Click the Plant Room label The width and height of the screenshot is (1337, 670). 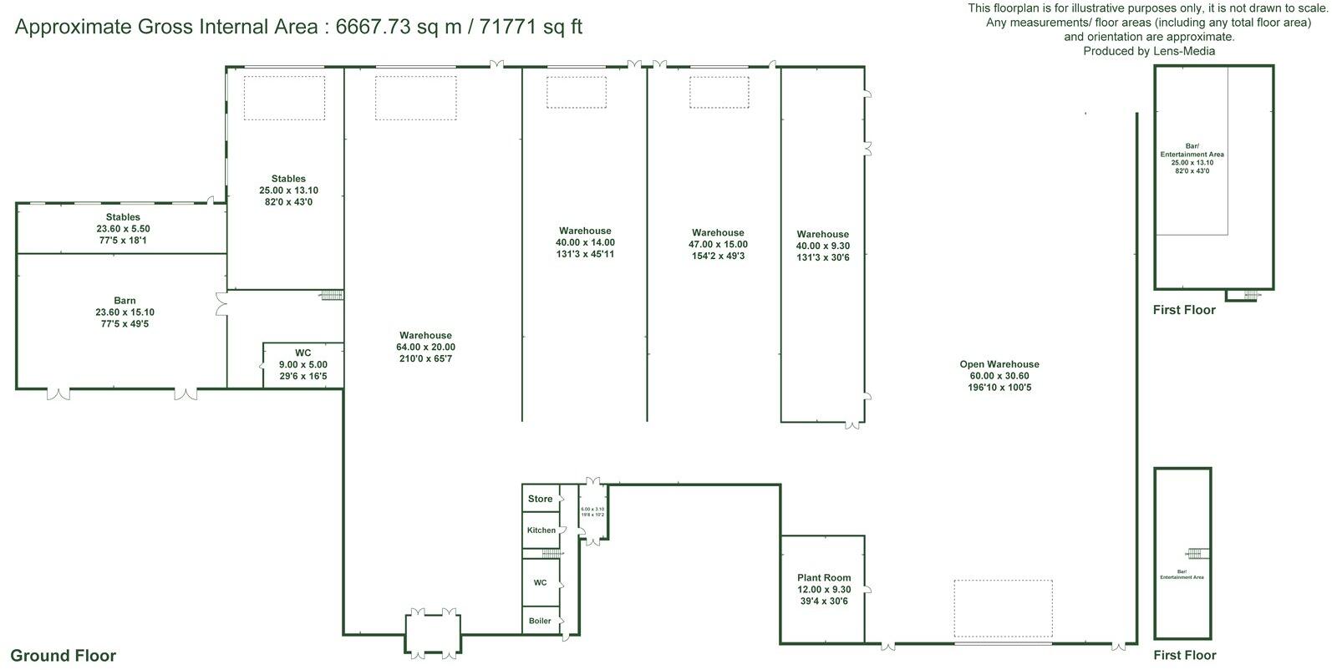[x=823, y=577]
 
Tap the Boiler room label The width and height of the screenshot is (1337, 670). [x=540, y=621]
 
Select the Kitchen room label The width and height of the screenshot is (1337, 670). [x=541, y=530]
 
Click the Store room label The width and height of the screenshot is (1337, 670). [x=540, y=499]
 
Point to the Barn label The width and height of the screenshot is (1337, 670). [x=125, y=301]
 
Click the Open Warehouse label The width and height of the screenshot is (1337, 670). [x=999, y=364]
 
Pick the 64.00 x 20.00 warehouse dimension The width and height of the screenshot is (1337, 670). [x=425, y=348]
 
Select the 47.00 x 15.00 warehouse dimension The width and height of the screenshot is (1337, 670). [x=718, y=245]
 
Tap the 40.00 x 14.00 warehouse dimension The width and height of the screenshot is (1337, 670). [x=585, y=243]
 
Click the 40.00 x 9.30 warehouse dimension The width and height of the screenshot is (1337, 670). [x=822, y=246]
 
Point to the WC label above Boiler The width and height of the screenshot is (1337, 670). [x=540, y=582]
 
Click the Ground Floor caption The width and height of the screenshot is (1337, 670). [x=64, y=656]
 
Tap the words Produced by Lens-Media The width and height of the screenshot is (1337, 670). [x=1149, y=51]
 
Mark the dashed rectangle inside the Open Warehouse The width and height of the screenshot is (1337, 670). [x=1003, y=608]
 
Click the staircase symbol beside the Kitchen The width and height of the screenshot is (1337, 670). [x=552, y=553]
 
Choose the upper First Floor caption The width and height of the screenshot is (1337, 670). [x=1184, y=310]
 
